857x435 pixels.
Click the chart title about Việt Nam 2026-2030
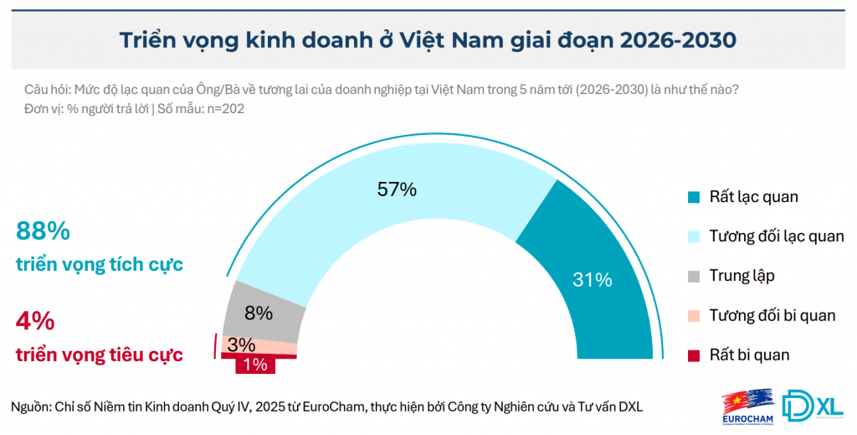428,40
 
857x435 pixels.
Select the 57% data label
397,189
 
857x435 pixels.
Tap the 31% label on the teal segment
592,279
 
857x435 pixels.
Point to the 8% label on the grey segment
259,313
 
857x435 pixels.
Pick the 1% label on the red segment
254,365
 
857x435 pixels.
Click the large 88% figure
43,232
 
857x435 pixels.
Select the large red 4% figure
35,321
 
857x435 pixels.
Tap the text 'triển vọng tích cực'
100,265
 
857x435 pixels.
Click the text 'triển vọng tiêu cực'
100,355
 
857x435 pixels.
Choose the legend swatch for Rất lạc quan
694,198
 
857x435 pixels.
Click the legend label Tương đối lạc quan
776,236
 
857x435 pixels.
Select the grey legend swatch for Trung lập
694,276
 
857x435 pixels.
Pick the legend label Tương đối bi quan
772,315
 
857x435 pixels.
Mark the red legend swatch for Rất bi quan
694,355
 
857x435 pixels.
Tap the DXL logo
813,405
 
